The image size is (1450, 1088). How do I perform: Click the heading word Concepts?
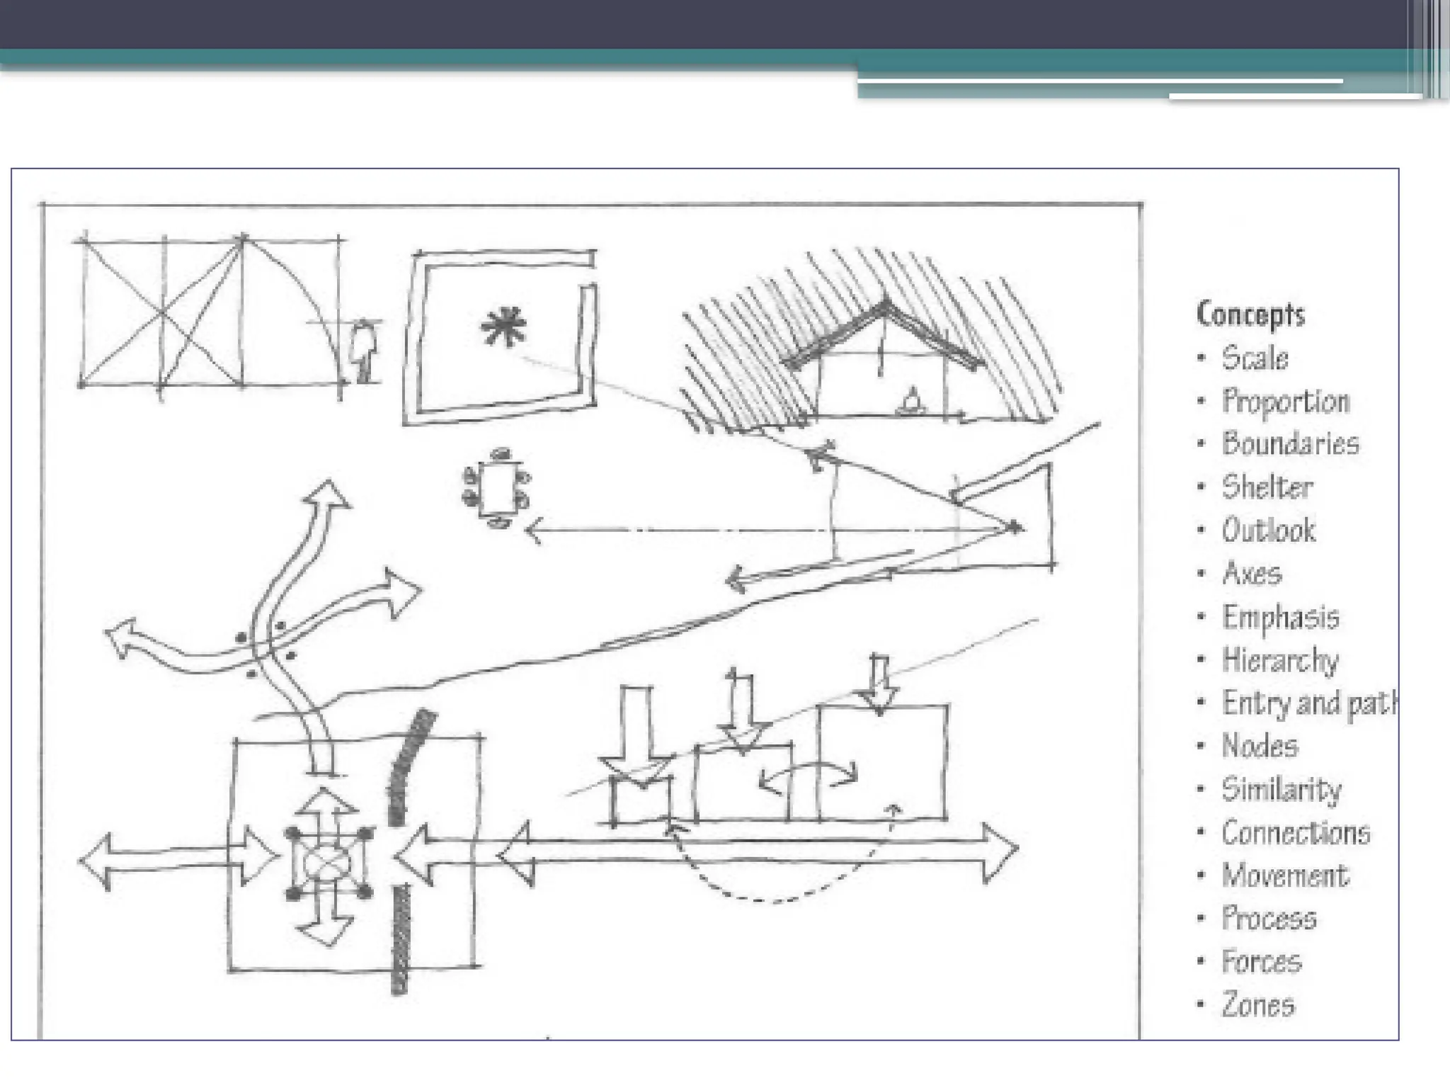[1250, 314]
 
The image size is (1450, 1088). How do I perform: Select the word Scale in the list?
[1255, 358]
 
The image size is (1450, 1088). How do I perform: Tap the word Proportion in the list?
[1286, 401]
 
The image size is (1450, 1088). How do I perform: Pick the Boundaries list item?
[1290, 444]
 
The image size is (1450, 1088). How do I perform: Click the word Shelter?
[1267, 487]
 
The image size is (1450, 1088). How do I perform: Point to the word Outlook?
[1269, 531]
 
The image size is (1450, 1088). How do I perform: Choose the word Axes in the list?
[1252, 573]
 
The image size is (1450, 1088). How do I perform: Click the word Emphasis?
[1281, 617]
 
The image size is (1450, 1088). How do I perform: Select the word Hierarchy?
[1280, 660]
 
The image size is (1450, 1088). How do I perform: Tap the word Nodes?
[1260, 746]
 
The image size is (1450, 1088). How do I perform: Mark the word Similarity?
[1281, 789]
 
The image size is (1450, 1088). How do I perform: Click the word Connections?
[1296, 833]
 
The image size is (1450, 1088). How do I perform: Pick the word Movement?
[1285, 876]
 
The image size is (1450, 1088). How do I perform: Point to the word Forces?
[1262, 962]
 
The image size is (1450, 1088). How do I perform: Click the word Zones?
[1258, 1005]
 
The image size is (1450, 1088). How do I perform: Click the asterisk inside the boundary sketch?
[503, 327]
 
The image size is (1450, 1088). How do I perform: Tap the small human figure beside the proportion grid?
[365, 351]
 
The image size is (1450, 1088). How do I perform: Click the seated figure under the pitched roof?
[912, 402]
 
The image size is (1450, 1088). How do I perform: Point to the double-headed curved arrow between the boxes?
[808, 778]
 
